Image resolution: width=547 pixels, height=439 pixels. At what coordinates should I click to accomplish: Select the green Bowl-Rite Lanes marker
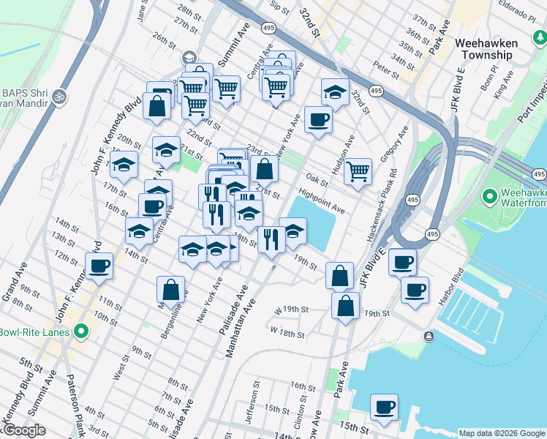pos(80,332)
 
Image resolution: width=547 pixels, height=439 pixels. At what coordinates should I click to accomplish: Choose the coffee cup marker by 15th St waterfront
pos(385,407)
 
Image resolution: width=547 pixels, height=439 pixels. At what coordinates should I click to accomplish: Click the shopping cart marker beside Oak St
pos(358,171)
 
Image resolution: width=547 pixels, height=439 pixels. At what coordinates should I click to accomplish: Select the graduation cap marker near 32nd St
pos(334,92)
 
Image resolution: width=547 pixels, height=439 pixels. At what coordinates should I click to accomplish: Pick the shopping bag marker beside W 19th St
pos(345,304)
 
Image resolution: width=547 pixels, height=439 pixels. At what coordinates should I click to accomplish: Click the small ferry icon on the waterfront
pos(429,336)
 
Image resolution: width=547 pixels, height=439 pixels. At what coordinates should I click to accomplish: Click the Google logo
pos(23,431)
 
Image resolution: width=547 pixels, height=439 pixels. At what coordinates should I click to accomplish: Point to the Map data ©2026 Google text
pos(501,433)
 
